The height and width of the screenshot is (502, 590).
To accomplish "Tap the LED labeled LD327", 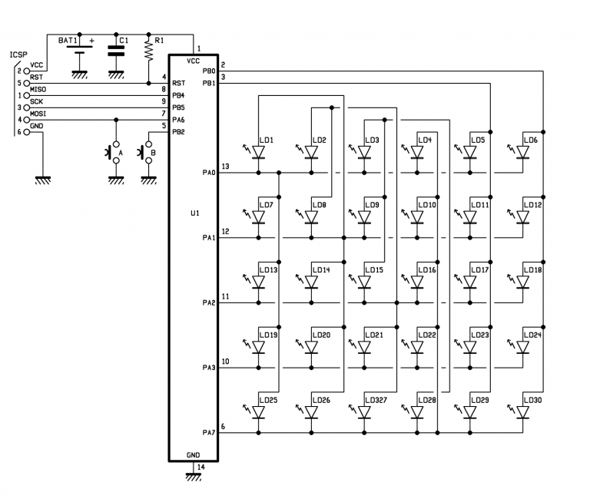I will pos(364,413).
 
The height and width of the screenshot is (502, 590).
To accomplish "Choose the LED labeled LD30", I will pos(523,413).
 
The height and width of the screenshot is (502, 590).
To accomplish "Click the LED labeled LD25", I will pos(258,413).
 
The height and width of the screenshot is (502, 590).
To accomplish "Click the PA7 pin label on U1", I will pos(208,434).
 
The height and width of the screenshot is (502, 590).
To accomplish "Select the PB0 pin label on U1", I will pos(208,71).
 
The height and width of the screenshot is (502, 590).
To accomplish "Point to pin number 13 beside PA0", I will pos(225,167).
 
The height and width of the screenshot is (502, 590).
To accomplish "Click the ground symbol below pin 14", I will pos(194,477).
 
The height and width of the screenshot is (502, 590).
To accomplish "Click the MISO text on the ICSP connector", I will pos(38,90).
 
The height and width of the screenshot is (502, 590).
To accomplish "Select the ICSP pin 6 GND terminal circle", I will pos(27,132).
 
